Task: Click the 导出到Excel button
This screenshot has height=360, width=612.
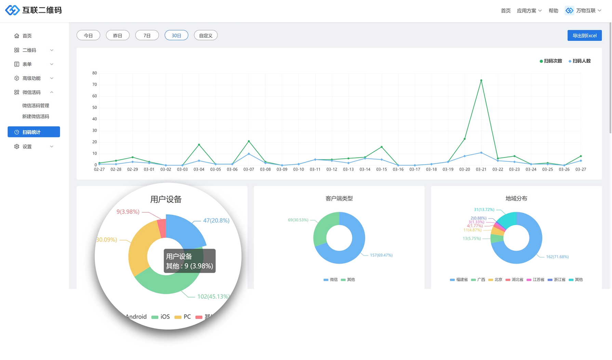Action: (x=584, y=36)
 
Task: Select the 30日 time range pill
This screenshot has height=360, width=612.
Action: (x=176, y=36)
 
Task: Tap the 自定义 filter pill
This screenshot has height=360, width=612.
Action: (x=205, y=36)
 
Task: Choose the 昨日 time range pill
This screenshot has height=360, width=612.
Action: (x=118, y=36)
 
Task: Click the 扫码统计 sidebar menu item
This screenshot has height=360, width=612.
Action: (x=34, y=132)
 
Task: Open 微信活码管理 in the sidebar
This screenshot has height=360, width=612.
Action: (x=36, y=106)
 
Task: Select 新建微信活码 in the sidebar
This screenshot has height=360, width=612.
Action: (x=36, y=117)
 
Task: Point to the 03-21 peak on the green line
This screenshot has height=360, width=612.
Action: (x=481, y=80)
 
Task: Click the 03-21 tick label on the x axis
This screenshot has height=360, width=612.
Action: (x=481, y=169)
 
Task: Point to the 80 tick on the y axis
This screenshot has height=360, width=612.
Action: (x=95, y=73)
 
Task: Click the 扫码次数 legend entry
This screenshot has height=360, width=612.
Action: (x=551, y=61)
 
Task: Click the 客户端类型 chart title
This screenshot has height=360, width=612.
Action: (x=339, y=198)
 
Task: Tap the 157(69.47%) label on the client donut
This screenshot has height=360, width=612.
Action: (x=381, y=255)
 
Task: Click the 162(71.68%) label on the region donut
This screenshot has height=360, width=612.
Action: (x=557, y=257)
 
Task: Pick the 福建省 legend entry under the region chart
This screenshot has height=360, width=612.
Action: (x=459, y=280)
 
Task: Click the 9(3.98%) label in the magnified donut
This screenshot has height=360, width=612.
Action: (x=128, y=212)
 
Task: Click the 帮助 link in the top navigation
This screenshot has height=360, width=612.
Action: (x=553, y=11)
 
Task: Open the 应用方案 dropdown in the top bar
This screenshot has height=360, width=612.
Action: (x=529, y=11)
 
